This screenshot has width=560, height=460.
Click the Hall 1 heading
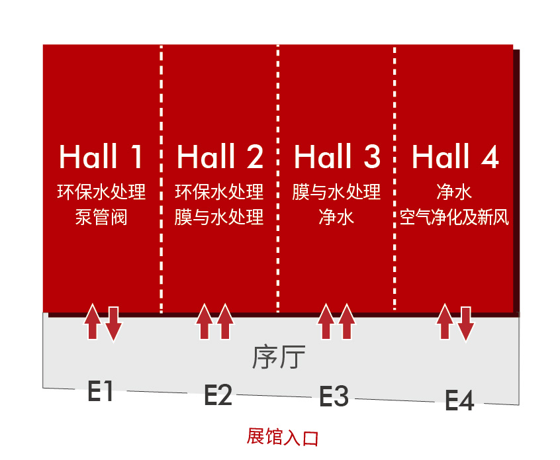click(x=101, y=156)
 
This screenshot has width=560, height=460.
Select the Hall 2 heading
click(x=220, y=156)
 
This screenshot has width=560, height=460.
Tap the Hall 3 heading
click(x=337, y=156)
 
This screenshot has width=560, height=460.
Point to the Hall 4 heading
click(x=455, y=156)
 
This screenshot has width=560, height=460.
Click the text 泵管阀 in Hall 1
click(x=101, y=217)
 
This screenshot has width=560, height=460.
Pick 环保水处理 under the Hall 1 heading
click(x=101, y=192)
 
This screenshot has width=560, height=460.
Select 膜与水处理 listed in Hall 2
click(x=219, y=217)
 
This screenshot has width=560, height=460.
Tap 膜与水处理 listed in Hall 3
click(x=336, y=192)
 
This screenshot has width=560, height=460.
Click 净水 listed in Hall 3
click(x=336, y=217)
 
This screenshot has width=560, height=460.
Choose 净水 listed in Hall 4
click(x=454, y=192)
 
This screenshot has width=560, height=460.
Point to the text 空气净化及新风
click(x=454, y=217)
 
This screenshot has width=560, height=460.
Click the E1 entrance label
click(x=101, y=391)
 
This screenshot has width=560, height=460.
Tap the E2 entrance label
click(x=218, y=394)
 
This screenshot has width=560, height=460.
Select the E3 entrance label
click(x=334, y=396)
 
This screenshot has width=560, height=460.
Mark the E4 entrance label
click(x=459, y=400)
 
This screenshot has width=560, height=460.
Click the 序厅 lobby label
click(x=279, y=357)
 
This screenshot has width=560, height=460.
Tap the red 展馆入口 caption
click(x=282, y=436)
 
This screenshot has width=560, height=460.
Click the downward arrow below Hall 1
click(x=114, y=323)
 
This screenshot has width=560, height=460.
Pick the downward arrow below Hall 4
click(x=466, y=323)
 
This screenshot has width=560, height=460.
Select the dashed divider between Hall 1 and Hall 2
click(x=162, y=179)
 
